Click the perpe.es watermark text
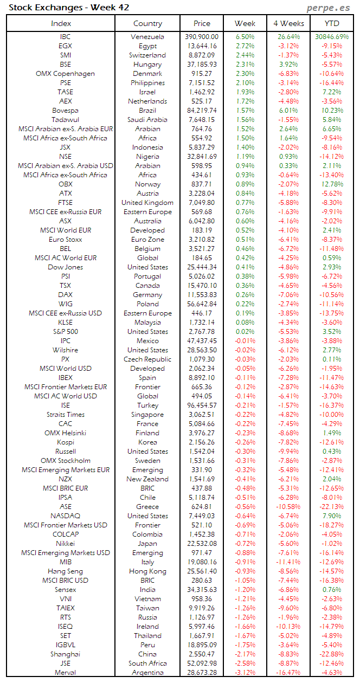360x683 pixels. [327, 8]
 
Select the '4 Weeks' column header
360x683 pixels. [288, 23]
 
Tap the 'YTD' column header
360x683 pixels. [332, 23]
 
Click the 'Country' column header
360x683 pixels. [147, 23]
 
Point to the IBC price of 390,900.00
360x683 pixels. [202, 37]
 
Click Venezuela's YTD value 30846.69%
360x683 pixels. [332, 37]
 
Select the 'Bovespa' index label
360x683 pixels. [65, 111]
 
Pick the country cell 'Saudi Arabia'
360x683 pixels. [147, 120]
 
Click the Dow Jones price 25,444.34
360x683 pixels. [202, 267]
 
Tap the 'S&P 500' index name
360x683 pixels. [65, 332]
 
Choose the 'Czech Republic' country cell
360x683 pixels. [147, 359]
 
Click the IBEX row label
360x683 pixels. [65, 378]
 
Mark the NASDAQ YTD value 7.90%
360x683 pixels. [332, 516]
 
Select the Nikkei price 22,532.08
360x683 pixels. [202, 544]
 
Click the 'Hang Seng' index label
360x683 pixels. [65, 571]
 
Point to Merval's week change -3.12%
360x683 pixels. [245, 673]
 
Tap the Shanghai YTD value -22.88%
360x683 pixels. [332, 654]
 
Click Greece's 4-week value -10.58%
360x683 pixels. [288, 507]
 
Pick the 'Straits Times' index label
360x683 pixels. [65, 415]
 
